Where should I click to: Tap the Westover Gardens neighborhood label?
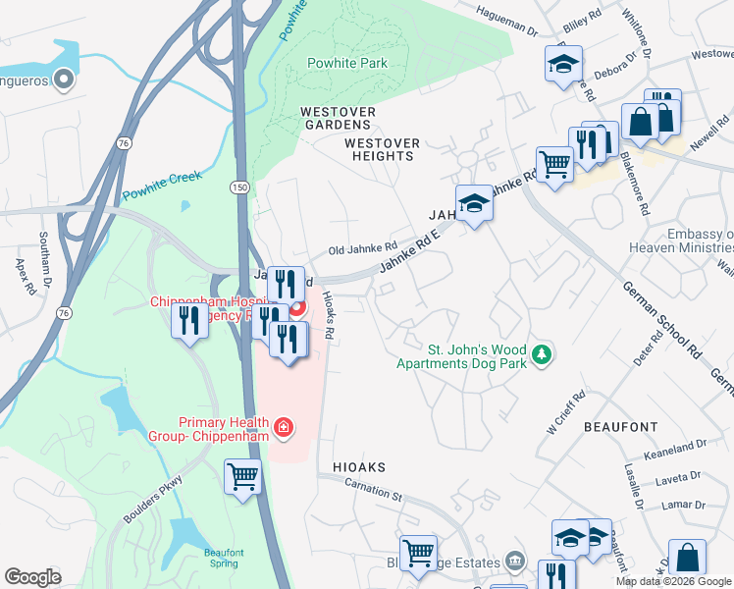tap(337, 118)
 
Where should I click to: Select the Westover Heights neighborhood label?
tap(382, 149)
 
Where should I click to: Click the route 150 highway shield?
tap(239, 187)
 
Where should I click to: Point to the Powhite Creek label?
tap(162, 181)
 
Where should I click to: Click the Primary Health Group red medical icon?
tap(283, 427)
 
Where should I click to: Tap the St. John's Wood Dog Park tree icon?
tap(541, 352)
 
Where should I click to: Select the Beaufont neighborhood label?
tap(620, 427)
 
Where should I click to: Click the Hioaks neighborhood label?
tap(358, 467)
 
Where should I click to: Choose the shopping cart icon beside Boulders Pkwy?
tap(242, 477)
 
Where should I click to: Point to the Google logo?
tap(32, 577)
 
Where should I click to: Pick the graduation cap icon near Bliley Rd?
tap(563, 64)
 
